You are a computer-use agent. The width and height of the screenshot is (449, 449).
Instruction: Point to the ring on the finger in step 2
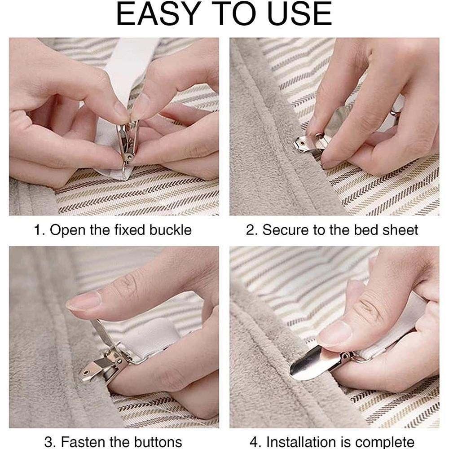pyautogui.click(x=396, y=114)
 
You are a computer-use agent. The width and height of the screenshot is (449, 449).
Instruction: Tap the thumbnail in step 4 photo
pyautogui.click(x=334, y=334)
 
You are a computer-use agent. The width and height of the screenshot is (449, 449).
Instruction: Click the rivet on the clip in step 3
pyautogui.click(x=85, y=373)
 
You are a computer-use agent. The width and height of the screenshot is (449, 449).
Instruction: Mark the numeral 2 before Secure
pyautogui.click(x=250, y=230)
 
